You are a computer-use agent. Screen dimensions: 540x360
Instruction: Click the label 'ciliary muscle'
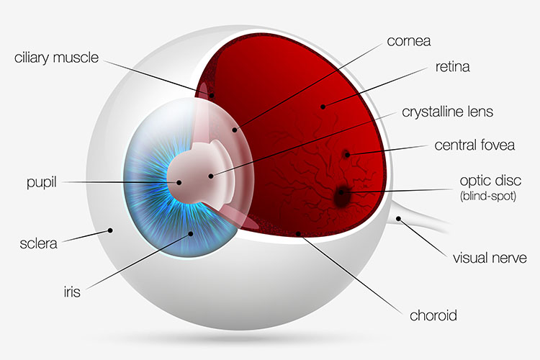56,58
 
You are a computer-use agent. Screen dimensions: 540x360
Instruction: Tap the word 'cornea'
409,41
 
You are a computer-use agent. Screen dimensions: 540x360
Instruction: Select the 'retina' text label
453,67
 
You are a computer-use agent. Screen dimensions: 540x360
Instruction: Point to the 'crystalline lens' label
447,112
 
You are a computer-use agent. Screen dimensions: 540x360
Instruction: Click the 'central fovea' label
474,145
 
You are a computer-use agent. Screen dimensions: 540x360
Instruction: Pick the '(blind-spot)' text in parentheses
488,196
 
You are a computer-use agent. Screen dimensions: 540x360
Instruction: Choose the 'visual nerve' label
490,258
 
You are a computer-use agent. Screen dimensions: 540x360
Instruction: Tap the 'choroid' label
433,315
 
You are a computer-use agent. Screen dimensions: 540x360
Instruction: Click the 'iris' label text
72,292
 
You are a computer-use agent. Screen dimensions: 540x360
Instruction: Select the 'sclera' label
38,243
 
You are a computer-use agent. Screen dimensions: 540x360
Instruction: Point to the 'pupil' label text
41,183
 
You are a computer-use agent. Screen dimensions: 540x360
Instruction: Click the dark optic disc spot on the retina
341,196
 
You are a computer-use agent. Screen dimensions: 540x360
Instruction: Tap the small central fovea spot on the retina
346,154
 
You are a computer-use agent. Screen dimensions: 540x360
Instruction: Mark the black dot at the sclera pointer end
110,230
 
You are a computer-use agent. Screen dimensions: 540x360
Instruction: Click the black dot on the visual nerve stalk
398,219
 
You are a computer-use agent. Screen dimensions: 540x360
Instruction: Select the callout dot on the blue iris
191,233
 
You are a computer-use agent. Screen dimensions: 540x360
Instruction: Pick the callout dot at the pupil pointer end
179,183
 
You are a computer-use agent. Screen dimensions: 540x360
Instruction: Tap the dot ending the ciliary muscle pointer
212,96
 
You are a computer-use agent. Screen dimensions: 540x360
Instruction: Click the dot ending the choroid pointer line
298,234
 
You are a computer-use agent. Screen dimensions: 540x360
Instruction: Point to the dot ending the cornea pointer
235,130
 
